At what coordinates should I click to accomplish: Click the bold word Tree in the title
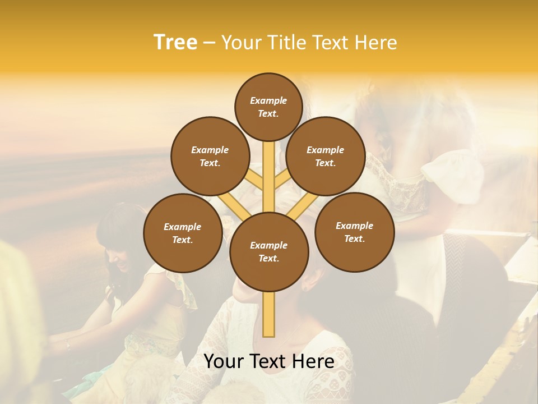pos(175,42)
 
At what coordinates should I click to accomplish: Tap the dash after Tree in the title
pos(209,43)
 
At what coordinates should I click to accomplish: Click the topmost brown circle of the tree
pos(268,107)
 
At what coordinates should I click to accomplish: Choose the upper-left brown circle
pos(210,156)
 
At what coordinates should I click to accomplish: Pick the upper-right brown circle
pos(325,156)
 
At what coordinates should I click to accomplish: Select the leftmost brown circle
pos(182,233)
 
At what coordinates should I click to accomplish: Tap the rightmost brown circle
pos(354,232)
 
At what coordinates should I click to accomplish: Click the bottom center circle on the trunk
pos(268,251)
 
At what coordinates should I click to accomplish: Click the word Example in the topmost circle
pos(268,100)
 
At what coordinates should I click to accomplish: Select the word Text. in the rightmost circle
pos(354,238)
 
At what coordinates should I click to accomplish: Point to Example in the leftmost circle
pos(182,227)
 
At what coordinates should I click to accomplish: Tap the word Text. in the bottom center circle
pos(268,258)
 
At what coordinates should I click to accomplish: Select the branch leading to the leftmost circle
pos(230,205)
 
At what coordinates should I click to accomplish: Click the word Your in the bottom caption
pos(224,361)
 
